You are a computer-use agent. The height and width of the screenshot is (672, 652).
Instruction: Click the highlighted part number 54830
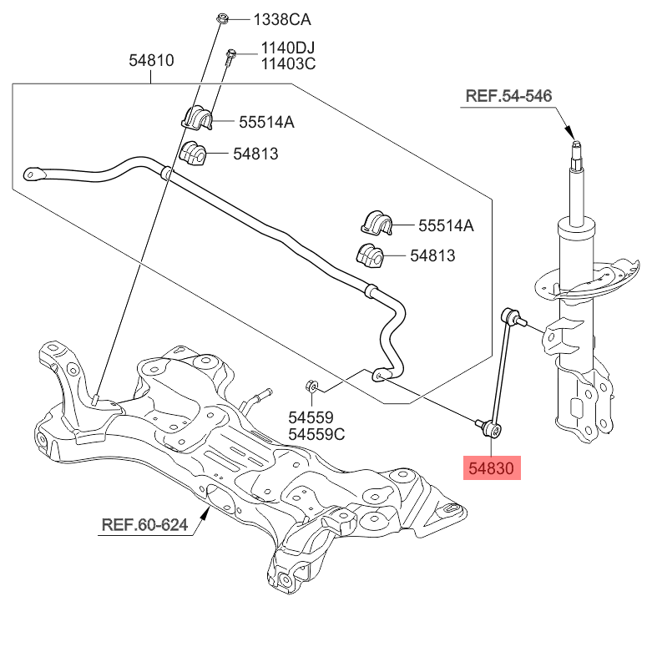(492, 468)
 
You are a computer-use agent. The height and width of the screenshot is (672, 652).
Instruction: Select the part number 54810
(151, 60)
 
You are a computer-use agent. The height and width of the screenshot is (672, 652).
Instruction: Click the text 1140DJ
(288, 48)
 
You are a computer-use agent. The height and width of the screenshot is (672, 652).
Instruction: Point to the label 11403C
(288, 63)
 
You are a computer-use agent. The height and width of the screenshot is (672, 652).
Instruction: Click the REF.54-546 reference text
(508, 97)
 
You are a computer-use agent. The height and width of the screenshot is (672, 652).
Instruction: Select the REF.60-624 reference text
(144, 525)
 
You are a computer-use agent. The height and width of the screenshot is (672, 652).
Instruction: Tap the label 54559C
(317, 434)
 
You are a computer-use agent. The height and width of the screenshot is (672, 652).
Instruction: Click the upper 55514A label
(266, 122)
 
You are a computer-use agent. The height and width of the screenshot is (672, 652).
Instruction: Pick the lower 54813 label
(432, 255)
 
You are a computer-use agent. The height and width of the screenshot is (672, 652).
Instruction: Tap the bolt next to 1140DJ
(231, 57)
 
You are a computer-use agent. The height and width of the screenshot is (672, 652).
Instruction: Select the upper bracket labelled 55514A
(198, 119)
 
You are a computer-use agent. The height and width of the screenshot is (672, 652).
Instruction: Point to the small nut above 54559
(309, 387)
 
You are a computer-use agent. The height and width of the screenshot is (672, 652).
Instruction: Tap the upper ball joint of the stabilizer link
(512, 317)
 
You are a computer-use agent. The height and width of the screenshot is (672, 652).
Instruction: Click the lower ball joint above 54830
(493, 429)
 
